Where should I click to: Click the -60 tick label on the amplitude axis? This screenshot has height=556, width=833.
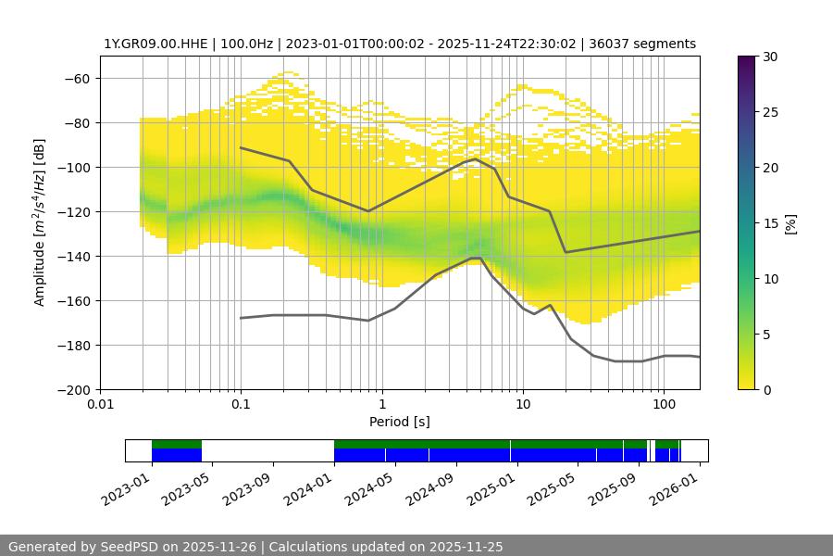click(77, 78)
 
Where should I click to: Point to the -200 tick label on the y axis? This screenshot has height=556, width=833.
click(73, 389)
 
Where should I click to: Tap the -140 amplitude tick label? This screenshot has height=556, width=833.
click(73, 256)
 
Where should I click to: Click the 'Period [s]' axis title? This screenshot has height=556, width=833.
click(399, 422)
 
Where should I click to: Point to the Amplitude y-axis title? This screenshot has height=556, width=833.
click(40, 222)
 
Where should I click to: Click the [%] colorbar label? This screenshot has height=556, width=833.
click(789, 223)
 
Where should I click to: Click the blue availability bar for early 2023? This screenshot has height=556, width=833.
click(176, 455)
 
